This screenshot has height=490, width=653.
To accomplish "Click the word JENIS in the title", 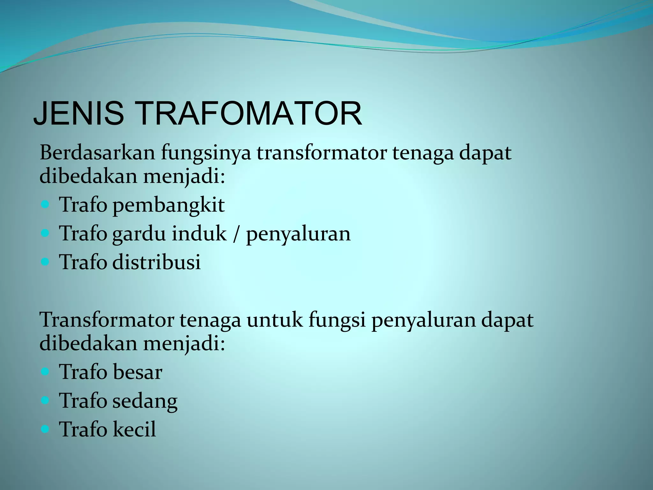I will click(78, 114).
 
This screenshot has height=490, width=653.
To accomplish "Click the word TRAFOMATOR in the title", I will click(250, 114).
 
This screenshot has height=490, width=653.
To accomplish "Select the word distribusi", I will click(157, 262).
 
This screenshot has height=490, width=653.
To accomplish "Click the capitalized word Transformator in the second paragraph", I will click(107, 320).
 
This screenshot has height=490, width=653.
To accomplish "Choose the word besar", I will click(137, 372).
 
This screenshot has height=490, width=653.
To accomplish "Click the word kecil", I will click(134, 429).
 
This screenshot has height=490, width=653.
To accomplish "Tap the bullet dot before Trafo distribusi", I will click(46, 262).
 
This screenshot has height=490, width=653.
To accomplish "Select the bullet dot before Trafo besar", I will click(46, 371).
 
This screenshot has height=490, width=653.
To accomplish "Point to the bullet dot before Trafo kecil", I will click(46, 429).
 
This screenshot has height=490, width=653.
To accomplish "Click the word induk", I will click(199, 234).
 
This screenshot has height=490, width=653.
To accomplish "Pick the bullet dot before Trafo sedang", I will click(46, 400).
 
